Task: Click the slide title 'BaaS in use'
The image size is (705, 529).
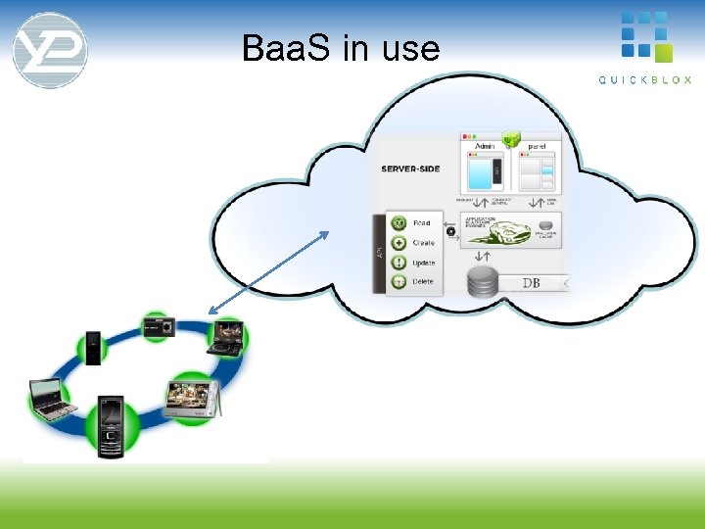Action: pyautogui.click(x=341, y=48)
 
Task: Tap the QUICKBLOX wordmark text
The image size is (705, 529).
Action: pyautogui.click(x=644, y=79)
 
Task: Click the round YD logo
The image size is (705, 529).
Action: pyautogui.click(x=50, y=49)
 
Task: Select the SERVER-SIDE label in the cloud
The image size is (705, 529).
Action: pyautogui.click(x=410, y=168)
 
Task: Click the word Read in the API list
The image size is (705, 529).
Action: pyautogui.click(x=422, y=223)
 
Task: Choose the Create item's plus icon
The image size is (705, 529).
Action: pyautogui.click(x=399, y=242)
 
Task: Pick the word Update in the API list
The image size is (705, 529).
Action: pyautogui.click(x=424, y=263)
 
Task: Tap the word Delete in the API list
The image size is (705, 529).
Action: pyautogui.click(x=423, y=281)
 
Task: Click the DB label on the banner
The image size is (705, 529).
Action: pyautogui.click(x=531, y=283)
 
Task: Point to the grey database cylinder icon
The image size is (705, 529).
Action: pyautogui.click(x=481, y=281)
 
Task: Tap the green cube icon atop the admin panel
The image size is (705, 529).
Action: pyautogui.click(x=510, y=138)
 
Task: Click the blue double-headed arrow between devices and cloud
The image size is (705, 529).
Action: pyautogui.click(x=269, y=272)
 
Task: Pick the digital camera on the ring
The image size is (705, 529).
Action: pyautogui.click(x=158, y=326)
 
